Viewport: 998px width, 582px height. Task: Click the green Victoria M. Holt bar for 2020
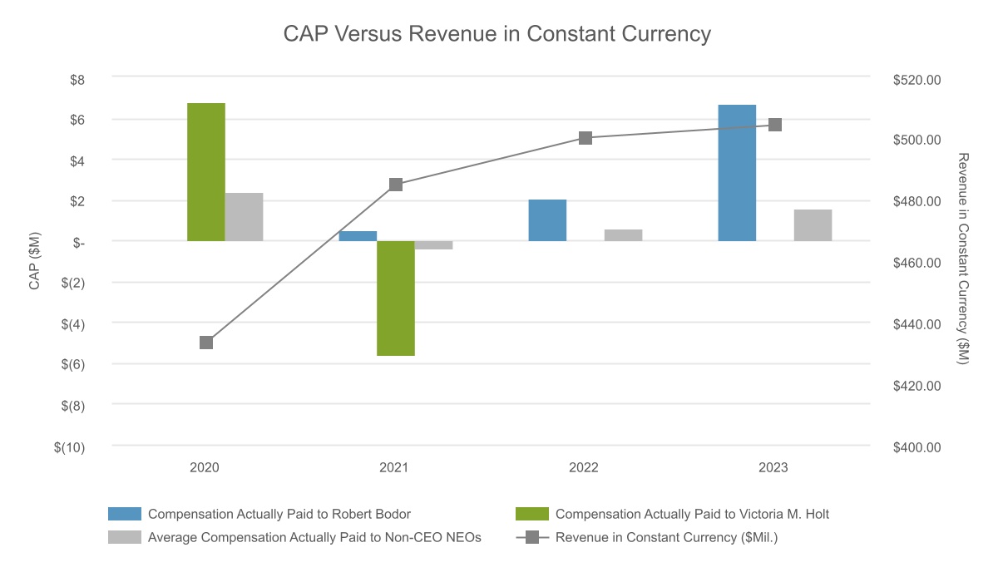point(205,172)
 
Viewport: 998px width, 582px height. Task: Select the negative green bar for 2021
point(395,298)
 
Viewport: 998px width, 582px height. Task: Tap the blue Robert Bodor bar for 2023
point(737,173)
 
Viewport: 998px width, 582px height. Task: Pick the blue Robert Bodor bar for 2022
point(547,220)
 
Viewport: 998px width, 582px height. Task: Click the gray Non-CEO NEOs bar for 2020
point(244,217)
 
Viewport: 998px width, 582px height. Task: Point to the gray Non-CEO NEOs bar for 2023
point(813,225)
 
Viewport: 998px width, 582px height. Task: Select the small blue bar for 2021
point(358,236)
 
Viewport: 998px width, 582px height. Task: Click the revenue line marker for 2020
point(206,343)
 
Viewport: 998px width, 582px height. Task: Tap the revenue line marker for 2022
point(585,138)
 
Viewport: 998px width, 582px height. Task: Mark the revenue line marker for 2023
point(775,125)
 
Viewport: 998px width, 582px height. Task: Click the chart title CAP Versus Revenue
point(497,34)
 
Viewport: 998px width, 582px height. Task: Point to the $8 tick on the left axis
point(77,80)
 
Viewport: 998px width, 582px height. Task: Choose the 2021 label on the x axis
point(394,468)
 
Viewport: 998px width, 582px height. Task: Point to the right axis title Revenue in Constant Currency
point(963,258)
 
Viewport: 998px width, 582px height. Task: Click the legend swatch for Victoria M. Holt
point(532,514)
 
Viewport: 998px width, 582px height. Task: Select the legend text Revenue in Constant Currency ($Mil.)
point(666,537)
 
